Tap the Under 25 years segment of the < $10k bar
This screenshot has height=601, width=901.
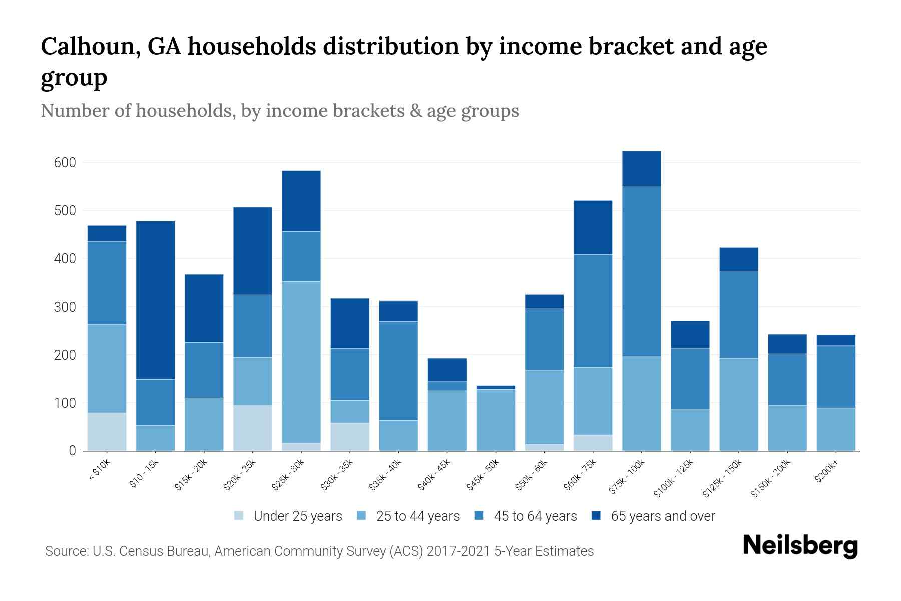[x=107, y=431]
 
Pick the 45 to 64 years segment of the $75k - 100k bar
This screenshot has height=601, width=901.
[x=641, y=271]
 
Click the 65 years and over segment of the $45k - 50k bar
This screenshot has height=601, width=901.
[x=496, y=387]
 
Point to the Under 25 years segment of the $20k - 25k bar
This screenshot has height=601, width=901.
[x=253, y=428]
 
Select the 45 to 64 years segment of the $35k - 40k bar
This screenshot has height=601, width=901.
[x=398, y=370]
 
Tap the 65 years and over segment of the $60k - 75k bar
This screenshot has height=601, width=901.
[x=593, y=227]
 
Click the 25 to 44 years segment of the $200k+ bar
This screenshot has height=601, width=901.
[x=835, y=429]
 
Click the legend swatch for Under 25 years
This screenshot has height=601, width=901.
[x=239, y=516]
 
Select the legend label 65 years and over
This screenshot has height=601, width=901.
[x=663, y=516]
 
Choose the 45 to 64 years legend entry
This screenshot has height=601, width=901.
[x=535, y=516]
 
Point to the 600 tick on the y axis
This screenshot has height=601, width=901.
[x=66, y=163]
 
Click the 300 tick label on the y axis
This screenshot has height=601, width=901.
[x=66, y=307]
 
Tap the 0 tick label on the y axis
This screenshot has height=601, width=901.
[x=72, y=451]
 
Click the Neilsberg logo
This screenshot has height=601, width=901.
[x=800, y=546]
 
